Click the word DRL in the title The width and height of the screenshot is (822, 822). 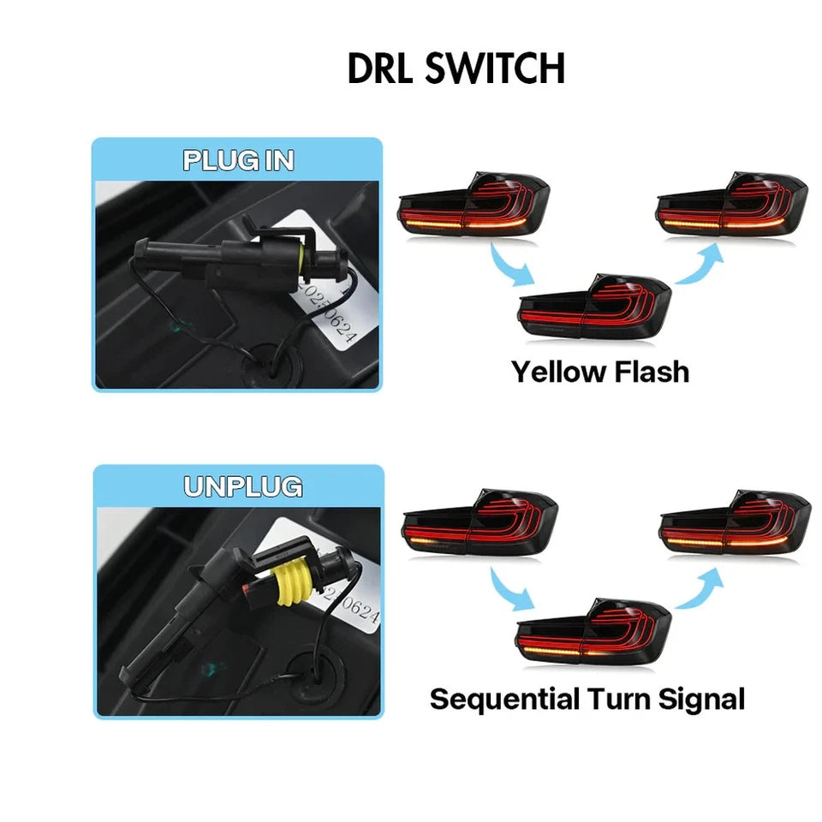tap(383, 68)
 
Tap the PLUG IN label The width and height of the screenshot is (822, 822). tap(238, 161)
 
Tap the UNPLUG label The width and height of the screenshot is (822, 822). tap(243, 487)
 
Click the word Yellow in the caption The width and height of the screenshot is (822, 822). tap(559, 372)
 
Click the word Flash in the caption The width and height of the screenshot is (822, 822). tap(652, 372)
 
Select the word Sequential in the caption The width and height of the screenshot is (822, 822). tap(505, 699)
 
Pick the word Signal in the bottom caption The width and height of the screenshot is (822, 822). tap(701, 699)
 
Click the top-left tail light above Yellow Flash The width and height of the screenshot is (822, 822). tap(475, 205)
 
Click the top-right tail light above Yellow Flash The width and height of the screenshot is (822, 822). tap(732, 205)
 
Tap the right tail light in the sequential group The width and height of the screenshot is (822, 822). tap(735, 524)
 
